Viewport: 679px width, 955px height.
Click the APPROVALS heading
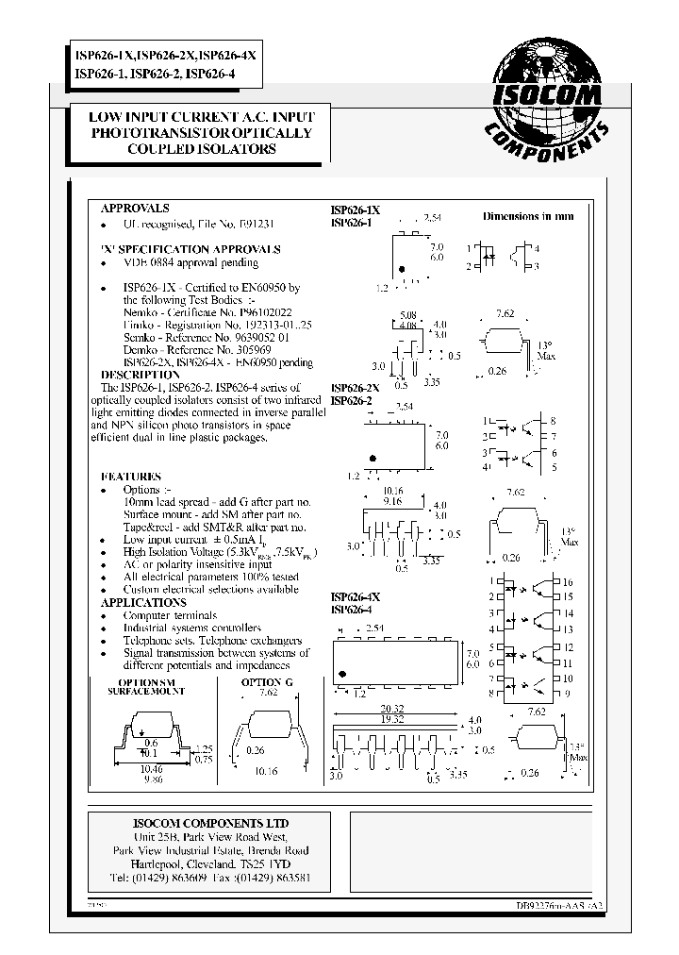(135, 208)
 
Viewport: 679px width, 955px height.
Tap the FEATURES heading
(131, 477)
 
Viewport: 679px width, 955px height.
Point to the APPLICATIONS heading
(143, 602)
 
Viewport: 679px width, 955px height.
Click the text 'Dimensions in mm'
(527, 216)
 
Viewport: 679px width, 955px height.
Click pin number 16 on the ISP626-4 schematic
(568, 583)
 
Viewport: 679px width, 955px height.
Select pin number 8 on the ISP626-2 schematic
(553, 420)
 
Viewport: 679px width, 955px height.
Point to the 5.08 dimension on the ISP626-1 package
(407, 315)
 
